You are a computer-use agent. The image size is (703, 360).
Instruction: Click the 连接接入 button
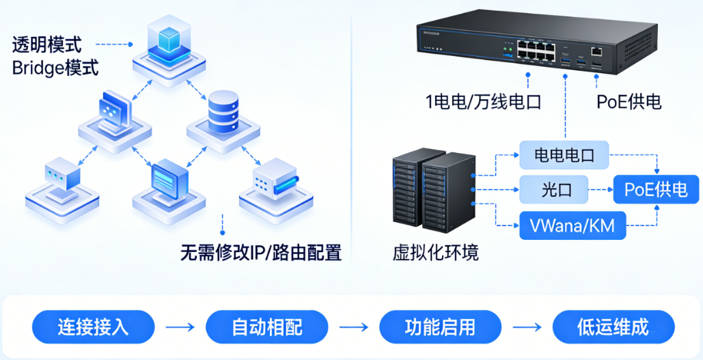(x=93, y=327)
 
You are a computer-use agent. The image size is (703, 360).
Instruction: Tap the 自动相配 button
(x=266, y=327)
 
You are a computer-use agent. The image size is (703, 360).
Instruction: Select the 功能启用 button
(x=439, y=327)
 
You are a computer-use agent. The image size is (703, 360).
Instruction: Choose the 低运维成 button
(x=613, y=327)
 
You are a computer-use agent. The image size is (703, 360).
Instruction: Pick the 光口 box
(x=554, y=189)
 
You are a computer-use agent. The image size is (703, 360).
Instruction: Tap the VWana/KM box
(x=573, y=225)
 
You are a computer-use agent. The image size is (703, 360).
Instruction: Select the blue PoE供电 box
(x=656, y=189)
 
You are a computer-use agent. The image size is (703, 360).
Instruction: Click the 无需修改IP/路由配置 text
(x=260, y=252)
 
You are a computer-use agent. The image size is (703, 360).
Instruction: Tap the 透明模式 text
(x=46, y=45)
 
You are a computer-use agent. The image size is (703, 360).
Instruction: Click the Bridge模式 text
(x=55, y=68)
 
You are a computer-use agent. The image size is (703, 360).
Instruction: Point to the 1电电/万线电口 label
(x=483, y=102)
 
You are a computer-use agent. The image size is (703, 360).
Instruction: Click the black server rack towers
(x=433, y=191)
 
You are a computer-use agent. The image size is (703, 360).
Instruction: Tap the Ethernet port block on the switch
(x=536, y=50)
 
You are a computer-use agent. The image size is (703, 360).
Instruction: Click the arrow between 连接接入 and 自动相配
(x=180, y=327)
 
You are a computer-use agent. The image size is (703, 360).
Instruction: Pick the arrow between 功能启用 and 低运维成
(x=527, y=327)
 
